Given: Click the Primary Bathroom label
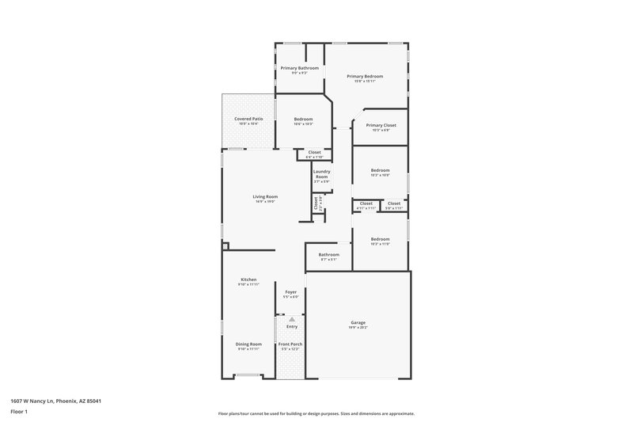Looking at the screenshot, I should coord(300,68).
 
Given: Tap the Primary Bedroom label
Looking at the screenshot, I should coord(366,76).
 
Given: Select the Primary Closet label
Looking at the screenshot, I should coord(381,125).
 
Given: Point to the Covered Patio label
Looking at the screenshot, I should coord(248,119).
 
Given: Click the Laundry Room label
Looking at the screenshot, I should coord(321,173).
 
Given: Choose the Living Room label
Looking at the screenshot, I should coord(265,196).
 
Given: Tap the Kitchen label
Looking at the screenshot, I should coord(248,279).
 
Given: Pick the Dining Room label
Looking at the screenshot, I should coord(248,344).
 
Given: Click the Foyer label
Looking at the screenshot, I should coord(291,292).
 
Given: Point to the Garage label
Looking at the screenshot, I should coord(358,321).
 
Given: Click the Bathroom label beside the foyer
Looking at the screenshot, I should coord(329,254).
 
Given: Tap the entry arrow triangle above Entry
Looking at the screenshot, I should coord(291,319).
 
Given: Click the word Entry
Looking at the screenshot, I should coord(292,326).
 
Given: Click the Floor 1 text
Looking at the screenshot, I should coord(18,412).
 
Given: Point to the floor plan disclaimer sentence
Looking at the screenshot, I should coord(316,413).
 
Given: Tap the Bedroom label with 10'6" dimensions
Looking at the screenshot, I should coord(303,119).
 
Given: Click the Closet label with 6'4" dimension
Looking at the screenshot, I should coord(314,152).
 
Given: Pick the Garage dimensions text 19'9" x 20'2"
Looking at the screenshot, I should coord(358,327).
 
